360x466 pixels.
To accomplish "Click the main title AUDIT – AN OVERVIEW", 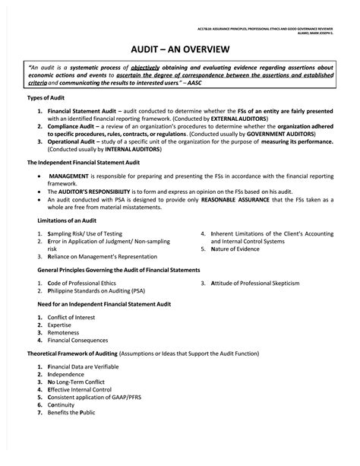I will coord(179,47).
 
